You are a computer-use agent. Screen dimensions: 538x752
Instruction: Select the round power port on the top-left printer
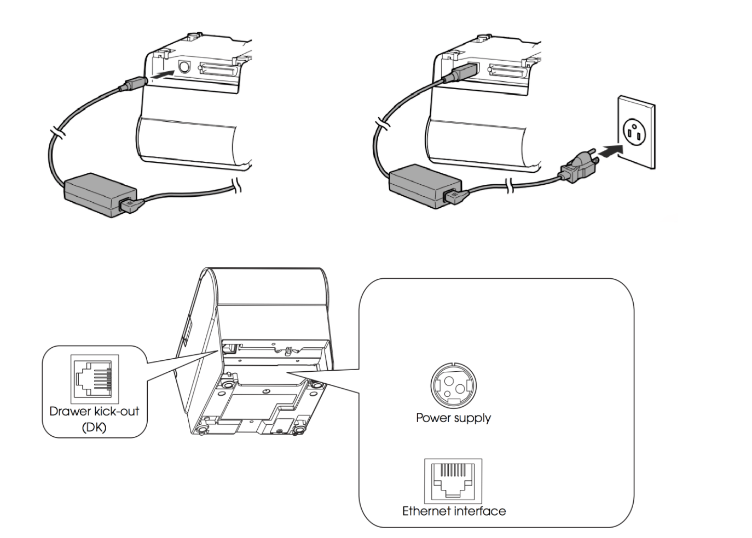click(184, 68)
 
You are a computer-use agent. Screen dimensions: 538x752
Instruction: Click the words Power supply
click(453, 418)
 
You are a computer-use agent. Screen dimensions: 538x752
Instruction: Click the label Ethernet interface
click(454, 511)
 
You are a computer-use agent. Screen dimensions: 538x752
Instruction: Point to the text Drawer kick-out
click(94, 411)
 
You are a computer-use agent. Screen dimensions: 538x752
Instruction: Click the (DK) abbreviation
click(94, 427)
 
